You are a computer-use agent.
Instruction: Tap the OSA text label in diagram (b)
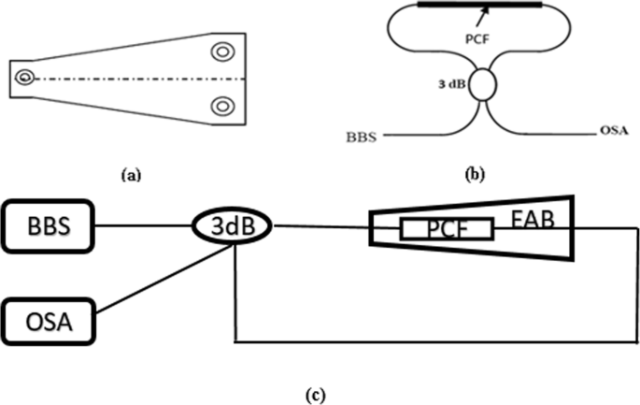(x=608, y=134)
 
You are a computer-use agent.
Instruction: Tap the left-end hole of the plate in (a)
(x=25, y=79)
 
